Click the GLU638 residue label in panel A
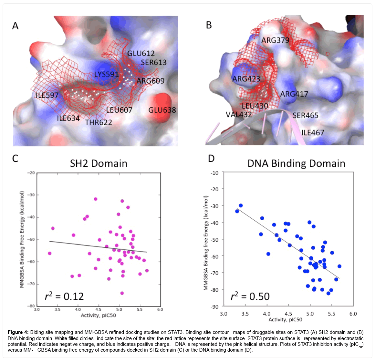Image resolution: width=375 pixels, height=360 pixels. (162, 110)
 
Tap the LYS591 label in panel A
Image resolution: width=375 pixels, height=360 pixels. (107, 75)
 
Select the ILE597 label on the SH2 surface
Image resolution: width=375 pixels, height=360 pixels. (47, 95)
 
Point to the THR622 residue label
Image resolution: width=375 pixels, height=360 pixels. (99, 122)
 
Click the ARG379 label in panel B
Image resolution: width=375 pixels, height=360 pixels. (275, 40)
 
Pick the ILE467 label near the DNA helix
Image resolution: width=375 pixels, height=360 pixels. (312, 133)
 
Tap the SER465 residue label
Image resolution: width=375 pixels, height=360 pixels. (305, 115)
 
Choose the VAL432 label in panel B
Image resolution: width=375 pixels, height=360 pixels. (239, 115)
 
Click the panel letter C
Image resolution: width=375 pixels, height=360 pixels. (15, 158)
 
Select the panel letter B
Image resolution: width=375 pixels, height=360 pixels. (209, 25)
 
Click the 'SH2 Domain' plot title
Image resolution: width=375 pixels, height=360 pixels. (99, 164)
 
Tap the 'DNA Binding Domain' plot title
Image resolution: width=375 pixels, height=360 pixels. (296, 164)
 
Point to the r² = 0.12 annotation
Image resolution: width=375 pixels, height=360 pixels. (64, 296)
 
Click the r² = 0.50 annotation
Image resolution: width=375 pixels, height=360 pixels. (250, 296)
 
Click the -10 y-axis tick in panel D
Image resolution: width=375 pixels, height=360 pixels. (214, 173)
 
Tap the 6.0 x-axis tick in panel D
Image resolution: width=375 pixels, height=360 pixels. (353, 314)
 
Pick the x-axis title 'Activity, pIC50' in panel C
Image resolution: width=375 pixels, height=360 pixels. (98, 315)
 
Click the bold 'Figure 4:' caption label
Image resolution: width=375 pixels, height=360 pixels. (18, 332)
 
